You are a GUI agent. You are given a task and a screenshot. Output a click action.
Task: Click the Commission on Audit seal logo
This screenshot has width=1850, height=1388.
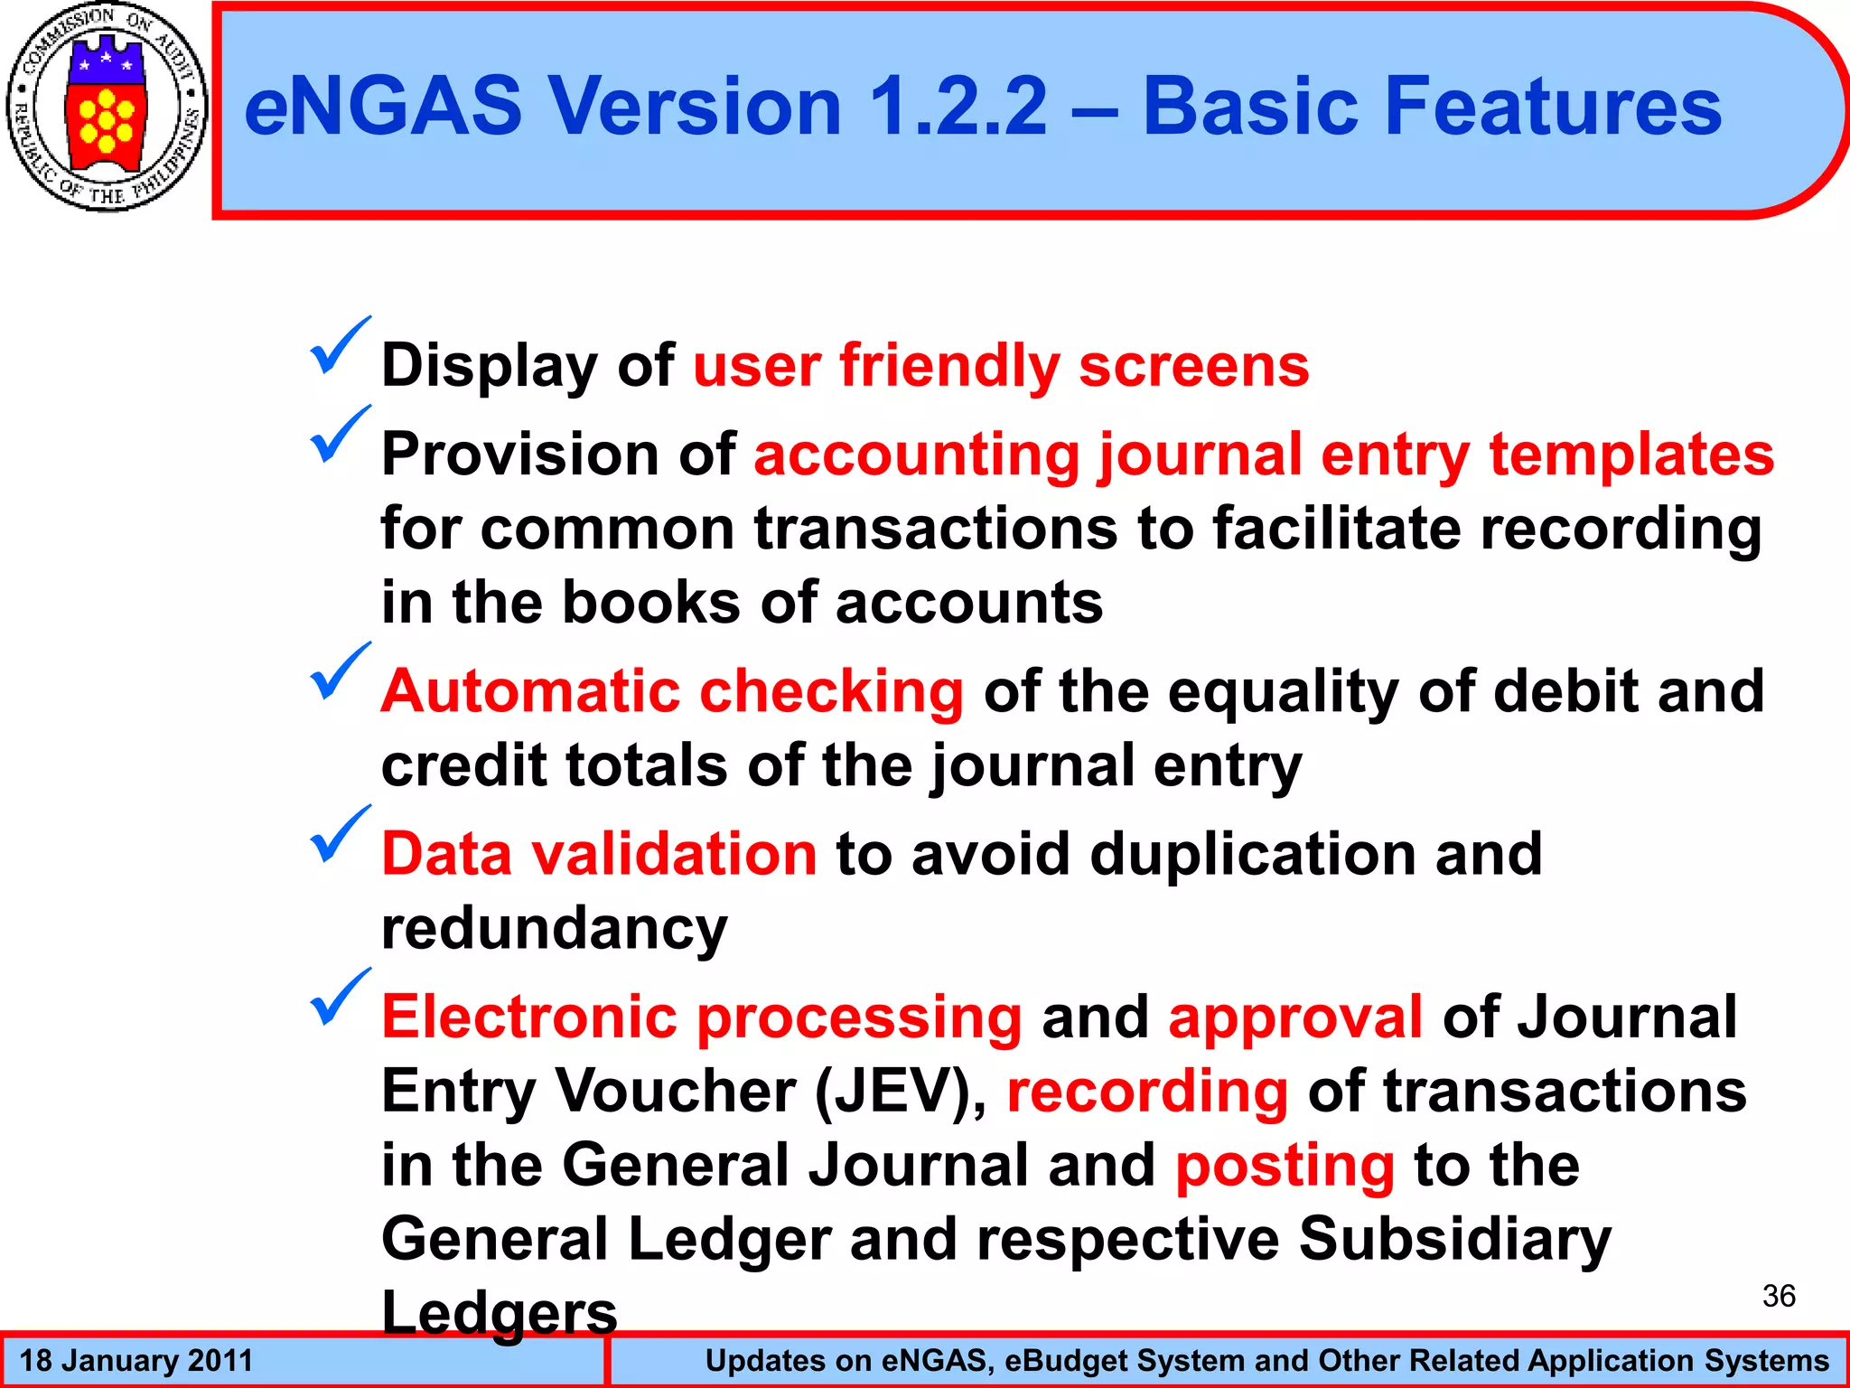(107, 108)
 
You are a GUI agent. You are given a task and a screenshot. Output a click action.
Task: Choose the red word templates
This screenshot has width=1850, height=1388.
(1631, 454)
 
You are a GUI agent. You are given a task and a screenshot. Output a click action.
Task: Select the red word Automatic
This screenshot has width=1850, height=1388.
(530, 691)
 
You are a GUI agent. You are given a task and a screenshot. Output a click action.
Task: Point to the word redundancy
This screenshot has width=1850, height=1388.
(554, 929)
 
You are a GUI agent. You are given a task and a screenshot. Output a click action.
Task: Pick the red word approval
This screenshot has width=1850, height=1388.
(1294, 1018)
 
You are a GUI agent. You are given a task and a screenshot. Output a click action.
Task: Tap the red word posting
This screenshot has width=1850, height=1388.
(1285, 1166)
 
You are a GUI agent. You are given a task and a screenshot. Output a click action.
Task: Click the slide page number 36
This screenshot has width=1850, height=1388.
(1779, 1296)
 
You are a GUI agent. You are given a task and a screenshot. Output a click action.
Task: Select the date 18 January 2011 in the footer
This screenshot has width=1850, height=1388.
(136, 1361)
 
